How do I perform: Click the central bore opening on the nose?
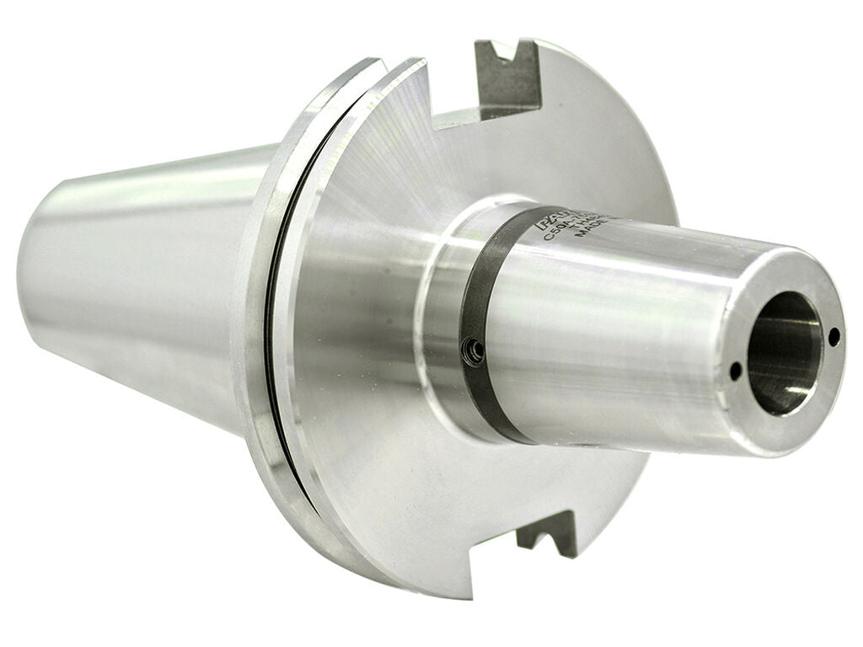coord(784,354)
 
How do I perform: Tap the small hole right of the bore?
coord(834,336)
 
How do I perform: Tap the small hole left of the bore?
coord(735,371)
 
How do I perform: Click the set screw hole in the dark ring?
coord(475,350)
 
